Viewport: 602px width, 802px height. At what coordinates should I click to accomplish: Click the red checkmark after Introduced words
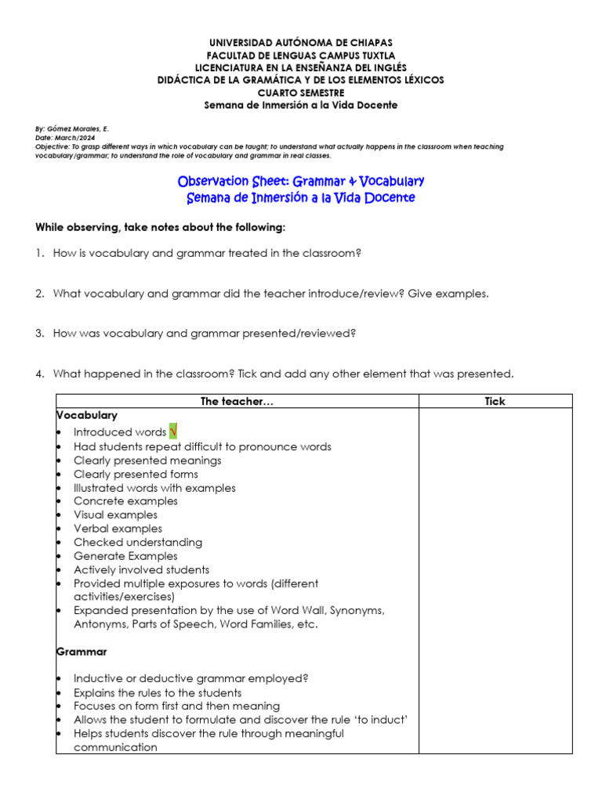tap(173, 432)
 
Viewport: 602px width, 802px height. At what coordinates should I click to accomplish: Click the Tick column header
tap(495, 401)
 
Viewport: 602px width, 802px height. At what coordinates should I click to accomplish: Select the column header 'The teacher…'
tap(237, 401)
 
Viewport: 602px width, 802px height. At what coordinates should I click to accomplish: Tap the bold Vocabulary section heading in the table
tap(86, 415)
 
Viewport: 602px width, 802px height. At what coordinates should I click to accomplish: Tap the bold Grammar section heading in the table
tap(82, 652)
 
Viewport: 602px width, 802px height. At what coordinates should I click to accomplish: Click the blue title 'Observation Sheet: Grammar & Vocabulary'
tap(301, 182)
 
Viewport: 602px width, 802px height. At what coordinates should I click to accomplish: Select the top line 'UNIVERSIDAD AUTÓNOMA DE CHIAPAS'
tap(300, 42)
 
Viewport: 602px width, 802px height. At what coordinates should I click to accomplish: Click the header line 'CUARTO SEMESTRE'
tap(300, 92)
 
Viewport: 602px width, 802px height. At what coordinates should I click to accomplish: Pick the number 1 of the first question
tap(38, 253)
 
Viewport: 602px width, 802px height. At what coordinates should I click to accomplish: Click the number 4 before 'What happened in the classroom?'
tap(38, 374)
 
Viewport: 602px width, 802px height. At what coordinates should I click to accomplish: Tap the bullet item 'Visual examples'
tap(115, 515)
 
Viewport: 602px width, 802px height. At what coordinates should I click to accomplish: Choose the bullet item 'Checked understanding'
tap(137, 542)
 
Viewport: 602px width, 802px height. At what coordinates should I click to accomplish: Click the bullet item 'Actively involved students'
tap(141, 569)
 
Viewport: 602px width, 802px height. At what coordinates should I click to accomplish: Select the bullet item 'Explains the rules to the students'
tap(158, 692)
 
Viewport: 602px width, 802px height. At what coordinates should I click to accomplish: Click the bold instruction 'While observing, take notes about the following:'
tap(161, 227)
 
